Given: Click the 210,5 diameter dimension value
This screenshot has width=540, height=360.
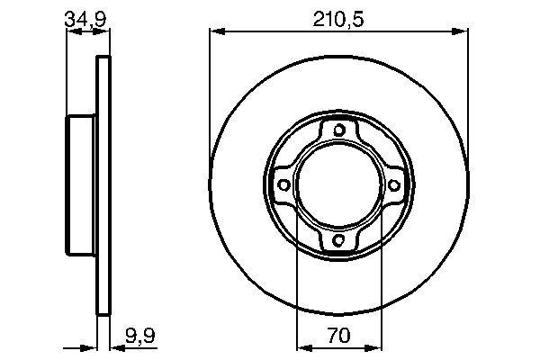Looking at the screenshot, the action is point(338,19).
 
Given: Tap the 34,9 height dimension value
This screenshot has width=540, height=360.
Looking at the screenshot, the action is point(85,19).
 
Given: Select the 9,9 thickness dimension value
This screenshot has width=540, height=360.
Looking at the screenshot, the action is point(140,336).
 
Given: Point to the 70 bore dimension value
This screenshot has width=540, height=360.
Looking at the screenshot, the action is point(339,336).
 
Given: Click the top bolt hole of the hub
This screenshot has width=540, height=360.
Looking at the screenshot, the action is point(339,130).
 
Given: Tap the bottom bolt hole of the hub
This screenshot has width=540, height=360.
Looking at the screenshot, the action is point(339,239).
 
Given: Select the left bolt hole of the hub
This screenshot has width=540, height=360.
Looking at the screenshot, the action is point(283,185).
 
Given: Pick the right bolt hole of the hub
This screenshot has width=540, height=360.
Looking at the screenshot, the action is point(393,185).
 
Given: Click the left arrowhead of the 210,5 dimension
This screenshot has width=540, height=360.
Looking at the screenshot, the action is point(217,31).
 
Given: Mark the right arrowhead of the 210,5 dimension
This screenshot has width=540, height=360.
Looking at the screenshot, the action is point(460,31).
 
